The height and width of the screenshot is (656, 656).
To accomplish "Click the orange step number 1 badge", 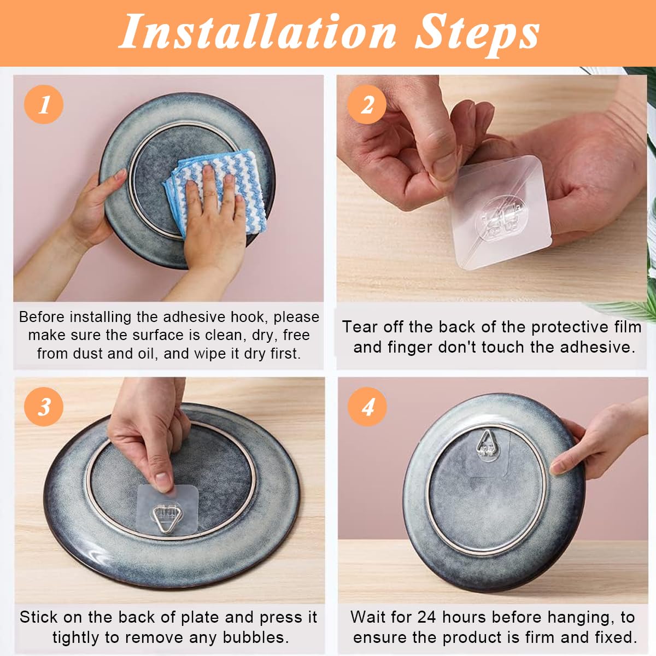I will click(x=44, y=104).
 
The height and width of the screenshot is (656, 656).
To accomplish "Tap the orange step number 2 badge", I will click(x=367, y=104).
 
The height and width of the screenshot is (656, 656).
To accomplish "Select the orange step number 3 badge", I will click(x=44, y=406).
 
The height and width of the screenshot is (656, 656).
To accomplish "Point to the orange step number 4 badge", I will click(x=367, y=406).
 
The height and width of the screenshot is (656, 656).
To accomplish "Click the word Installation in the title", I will click(x=257, y=32).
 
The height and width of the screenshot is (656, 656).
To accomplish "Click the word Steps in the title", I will click(x=477, y=32).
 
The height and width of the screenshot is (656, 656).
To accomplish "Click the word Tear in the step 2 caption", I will click(x=360, y=327).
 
